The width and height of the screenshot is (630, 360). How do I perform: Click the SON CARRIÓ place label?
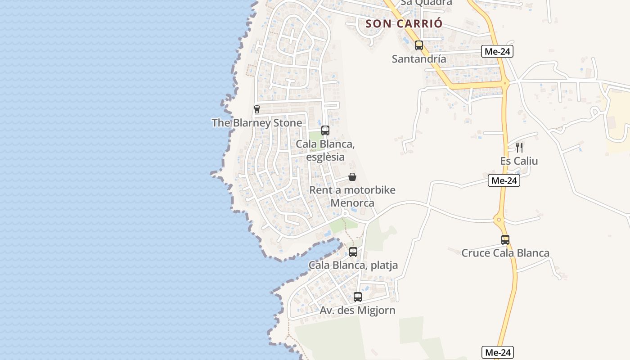click(404, 24)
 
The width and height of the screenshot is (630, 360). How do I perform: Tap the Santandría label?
click(419, 59)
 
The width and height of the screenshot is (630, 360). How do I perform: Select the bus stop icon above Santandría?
click(419, 45)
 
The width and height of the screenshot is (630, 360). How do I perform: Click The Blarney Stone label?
click(257, 123)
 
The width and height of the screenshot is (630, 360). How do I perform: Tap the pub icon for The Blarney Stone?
click(257, 109)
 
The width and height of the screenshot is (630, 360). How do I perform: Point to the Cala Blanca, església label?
click(325, 151)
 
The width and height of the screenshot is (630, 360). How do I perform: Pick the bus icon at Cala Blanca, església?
click(325, 130)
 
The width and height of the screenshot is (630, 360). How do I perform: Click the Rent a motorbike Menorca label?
click(352, 196)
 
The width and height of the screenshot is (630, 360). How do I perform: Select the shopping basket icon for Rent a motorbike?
click(352, 177)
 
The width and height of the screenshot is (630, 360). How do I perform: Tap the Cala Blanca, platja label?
click(353, 265)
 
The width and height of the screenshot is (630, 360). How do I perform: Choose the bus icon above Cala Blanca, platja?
click(353, 252)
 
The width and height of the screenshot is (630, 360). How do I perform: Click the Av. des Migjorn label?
click(358, 310)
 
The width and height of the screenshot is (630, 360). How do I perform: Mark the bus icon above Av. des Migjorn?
click(358, 297)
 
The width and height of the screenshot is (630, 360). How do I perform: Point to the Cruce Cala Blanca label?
click(505, 253)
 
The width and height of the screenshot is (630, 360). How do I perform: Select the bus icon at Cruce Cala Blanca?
click(505, 240)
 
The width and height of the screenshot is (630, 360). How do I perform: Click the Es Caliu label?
click(519, 161)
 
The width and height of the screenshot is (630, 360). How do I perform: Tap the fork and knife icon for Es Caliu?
click(519, 147)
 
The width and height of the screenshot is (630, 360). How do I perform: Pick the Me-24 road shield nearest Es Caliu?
click(504, 181)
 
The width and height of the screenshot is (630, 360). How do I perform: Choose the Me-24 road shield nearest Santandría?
click(497, 51)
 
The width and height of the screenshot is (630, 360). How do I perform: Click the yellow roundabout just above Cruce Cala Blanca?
click(499, 220)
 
